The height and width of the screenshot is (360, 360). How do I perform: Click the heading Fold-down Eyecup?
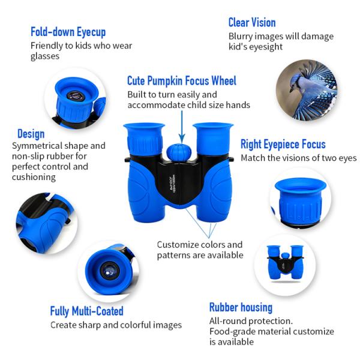click(68, 32)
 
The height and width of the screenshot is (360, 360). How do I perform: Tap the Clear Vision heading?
click(252, 23)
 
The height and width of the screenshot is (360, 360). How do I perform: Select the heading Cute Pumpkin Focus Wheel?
click(182, 81)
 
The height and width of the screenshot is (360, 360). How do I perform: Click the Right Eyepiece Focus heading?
click(283, 145)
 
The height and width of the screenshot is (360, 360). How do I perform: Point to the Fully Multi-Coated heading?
click(87, 311)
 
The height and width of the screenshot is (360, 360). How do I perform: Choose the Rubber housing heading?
click(241, 308)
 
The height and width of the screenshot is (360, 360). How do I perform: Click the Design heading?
click(31, 134)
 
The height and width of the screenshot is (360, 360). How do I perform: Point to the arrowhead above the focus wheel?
click(182, 139)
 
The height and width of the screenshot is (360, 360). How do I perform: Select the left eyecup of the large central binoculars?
click(144, 139)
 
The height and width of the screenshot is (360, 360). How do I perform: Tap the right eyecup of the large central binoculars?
click(213, 139)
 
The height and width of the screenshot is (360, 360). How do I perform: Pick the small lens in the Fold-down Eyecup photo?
click(76, 96)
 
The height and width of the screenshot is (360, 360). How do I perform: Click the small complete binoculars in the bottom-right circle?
click(285, 263)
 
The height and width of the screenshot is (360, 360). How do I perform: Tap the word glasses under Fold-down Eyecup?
click(45, 56)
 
